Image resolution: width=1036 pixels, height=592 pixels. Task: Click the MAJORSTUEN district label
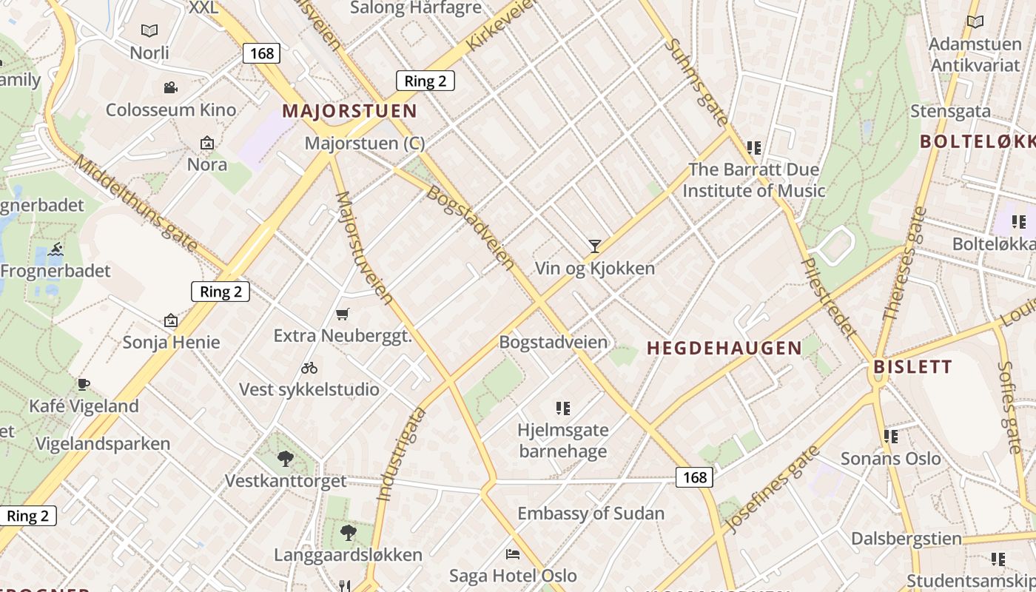[x=350, y=112]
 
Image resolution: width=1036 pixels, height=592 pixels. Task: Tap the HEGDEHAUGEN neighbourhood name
[x=724, y=348]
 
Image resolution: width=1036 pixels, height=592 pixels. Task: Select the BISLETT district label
[x=912, y=367]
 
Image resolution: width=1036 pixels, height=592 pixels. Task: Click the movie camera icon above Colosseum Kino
[x=171, y=88]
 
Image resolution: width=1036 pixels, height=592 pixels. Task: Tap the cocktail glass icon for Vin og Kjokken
[x=594, y=246]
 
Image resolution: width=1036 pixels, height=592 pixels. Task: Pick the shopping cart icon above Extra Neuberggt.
[x=342, y=314]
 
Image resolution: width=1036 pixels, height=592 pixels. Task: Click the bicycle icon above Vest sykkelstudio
[x=309, y=368]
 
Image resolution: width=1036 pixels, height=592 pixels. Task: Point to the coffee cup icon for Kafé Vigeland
[x=84, y=384]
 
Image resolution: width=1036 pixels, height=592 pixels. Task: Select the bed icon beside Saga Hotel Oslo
[x=513, y=554]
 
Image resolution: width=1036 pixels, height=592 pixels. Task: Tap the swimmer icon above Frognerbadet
[x=55, y=250]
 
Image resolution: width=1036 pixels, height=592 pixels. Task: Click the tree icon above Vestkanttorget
[x=286, y=459]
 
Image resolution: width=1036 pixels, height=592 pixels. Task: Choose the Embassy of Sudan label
[x=591, y=514]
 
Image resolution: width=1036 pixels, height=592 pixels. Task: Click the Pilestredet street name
[x=829, y=297]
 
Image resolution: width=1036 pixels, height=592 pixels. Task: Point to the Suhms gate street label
[x=696, y=81]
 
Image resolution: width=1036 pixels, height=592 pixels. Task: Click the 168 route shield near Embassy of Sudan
[x=694, y=477]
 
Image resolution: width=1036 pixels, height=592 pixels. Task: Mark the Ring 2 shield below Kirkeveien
[x=425, y=81]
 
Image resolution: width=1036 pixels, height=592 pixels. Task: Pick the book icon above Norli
[x=149, y=31]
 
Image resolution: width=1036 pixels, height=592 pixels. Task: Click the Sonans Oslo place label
[x=891, y=459]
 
